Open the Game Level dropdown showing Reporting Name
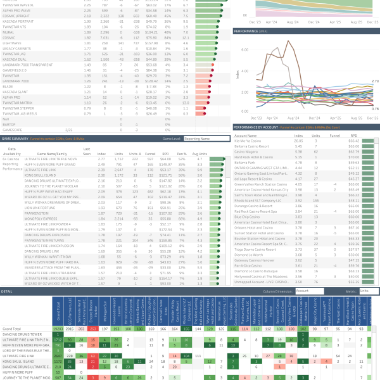tap(203, 137)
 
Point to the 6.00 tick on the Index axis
tap(246, 49)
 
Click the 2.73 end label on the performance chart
tap(375, 81)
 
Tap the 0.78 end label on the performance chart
tap(375, 109)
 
